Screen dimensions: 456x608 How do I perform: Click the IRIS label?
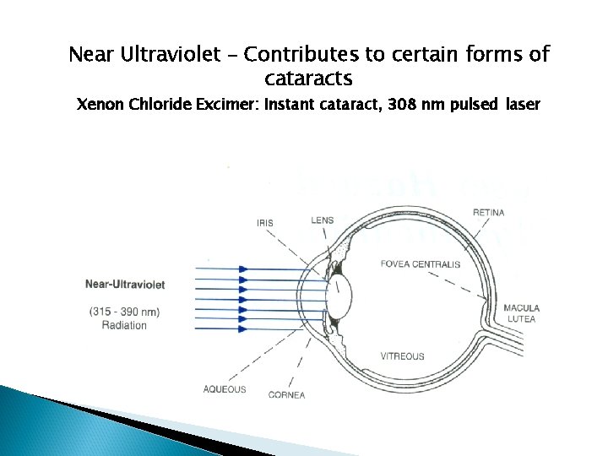(x=264, y=223)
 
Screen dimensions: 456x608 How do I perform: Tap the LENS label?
(x=322, y=220)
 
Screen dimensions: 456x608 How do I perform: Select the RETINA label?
(x=489, y=212)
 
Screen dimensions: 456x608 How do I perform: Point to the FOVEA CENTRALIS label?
(x=421, y=264)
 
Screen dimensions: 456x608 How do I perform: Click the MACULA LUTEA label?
(x=521, y=313)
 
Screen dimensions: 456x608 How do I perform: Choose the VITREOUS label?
(x=402, y=356)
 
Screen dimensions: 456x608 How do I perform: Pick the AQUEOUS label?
(x=225, y=389)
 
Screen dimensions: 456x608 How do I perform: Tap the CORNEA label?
(x=286, y=395)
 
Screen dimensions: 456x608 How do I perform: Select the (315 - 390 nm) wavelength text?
(x=124, y=312)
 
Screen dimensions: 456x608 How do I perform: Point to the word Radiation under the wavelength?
(x=124, y=325)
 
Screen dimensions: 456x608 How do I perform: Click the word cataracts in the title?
(x=307, y=79)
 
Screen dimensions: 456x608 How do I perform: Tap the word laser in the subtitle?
(x=524, y=106)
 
